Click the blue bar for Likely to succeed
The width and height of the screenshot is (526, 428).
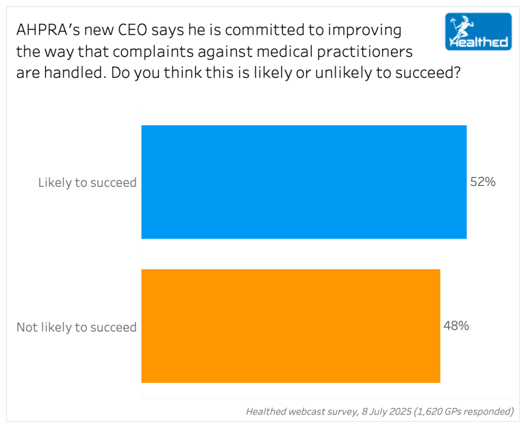click(x=303, y=182)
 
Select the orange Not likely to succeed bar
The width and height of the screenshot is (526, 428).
click(x=290, y=325)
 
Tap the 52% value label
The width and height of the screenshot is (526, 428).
click(x=482, y=183)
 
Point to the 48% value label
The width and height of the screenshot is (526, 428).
click(x=456, y=326)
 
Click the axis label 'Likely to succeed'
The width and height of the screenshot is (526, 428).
click(x=88, y=183)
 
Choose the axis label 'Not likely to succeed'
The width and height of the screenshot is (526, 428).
click(x=77, y=327)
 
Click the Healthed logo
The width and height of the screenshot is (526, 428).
click(x=477, y=31)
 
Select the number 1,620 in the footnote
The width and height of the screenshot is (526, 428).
click(x=431, y=412)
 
